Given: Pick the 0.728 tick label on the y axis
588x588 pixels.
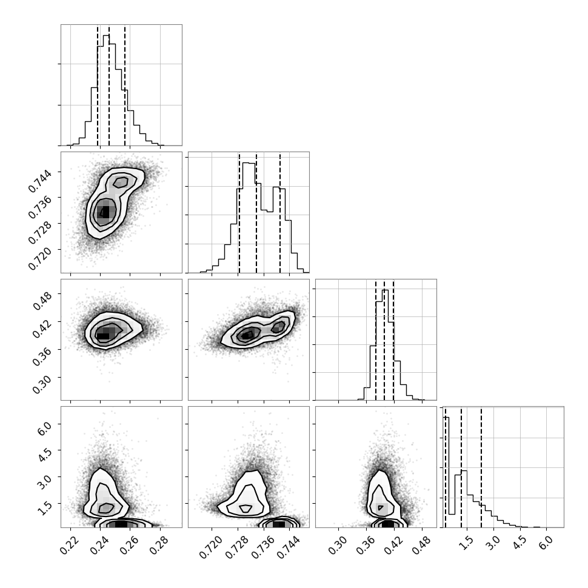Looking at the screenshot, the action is pyautogui.click(x=40, y=233).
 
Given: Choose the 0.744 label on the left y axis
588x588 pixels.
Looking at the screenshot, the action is pyautogui.click(x=40, y=181).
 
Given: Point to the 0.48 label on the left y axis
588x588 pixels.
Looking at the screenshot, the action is pyautogui.click(x=42, y=301).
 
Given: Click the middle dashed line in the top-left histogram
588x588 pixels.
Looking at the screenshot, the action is pyautogui.click(x=109, y=85).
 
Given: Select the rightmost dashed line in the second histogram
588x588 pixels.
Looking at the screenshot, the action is pyautogui.click(x=280, y=212).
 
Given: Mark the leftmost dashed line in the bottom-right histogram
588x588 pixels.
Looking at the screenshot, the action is pyautogui.click(x=446, y=467).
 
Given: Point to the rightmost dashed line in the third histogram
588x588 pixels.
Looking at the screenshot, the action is pyautogui.click(x=393, y=339).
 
